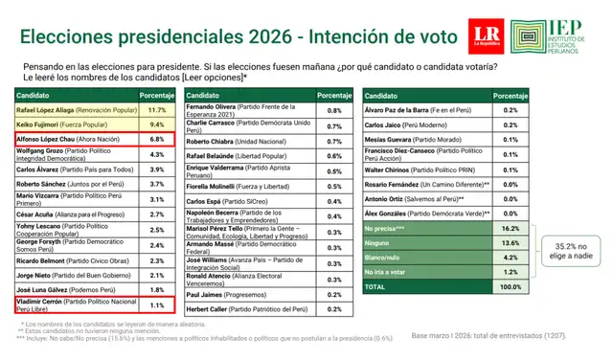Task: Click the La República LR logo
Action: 487,34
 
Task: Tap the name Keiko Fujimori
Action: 41,124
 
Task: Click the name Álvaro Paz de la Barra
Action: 405,110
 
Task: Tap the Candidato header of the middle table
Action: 206,96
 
